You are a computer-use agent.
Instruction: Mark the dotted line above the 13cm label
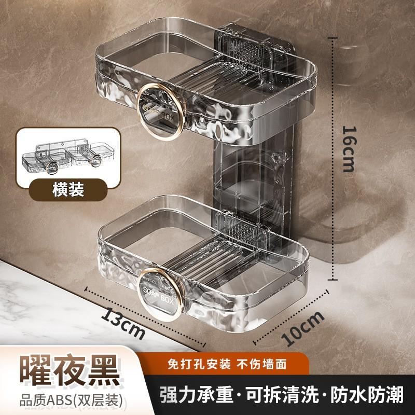pos(145,316)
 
